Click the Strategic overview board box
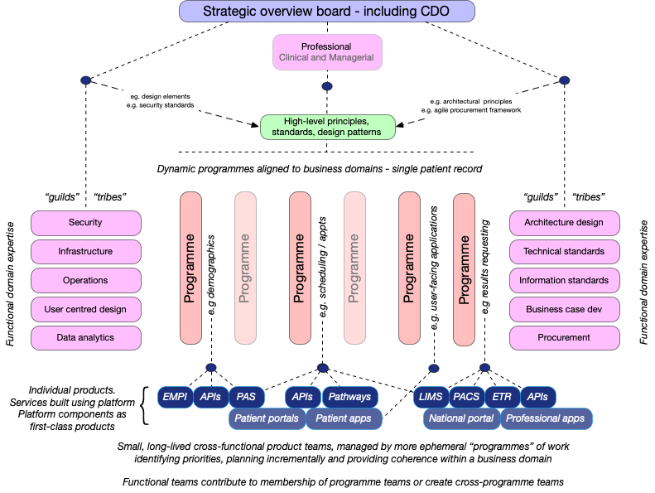pos(327,12)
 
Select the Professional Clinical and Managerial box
pos(327,52)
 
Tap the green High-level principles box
pos(327,126)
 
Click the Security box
pos(85,223)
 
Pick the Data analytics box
pos(85,338)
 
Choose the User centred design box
pos(85,310)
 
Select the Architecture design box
pos(564,223)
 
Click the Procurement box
pos(564,338)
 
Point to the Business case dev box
pos(564,310)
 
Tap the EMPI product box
pos(175,397)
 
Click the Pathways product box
pos(349,397)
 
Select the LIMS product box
pos(431,397)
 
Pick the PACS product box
pos(466,397)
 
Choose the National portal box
pos(462,418)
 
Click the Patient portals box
pos(266,418)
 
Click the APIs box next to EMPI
pos(210,397)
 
